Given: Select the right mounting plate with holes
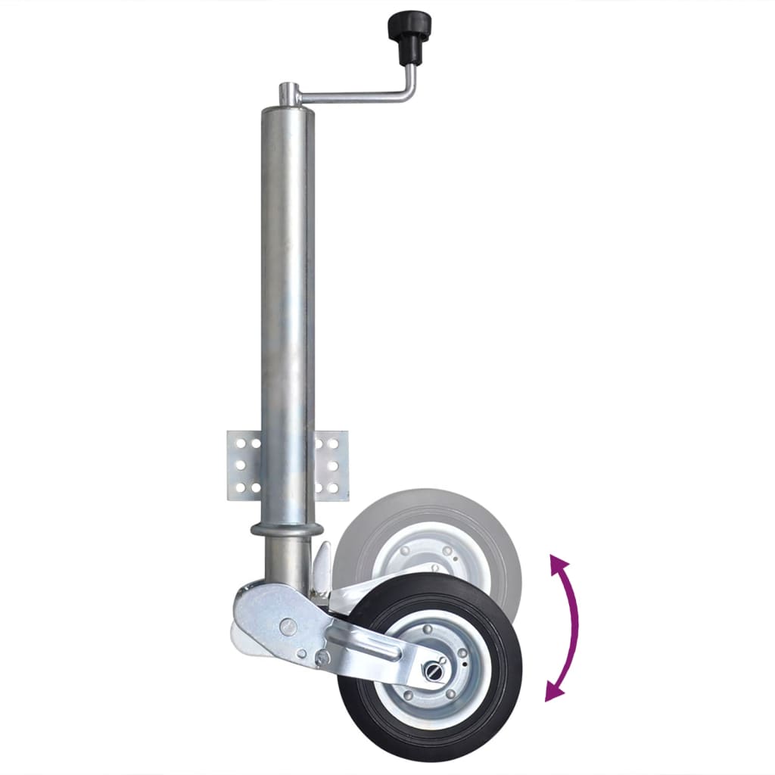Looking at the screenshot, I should [331, 465].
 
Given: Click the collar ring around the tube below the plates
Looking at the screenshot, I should [288, 528].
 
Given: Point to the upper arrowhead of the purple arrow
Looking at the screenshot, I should [559, 564].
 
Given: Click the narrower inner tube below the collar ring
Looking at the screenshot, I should [288, 560].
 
